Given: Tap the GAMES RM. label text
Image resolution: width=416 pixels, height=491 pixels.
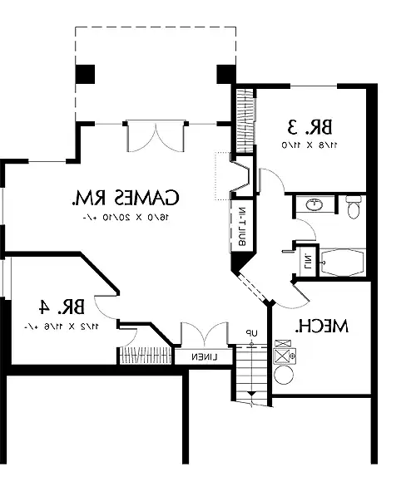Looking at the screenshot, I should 126,199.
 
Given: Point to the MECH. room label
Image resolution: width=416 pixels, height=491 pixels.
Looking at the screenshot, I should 322,326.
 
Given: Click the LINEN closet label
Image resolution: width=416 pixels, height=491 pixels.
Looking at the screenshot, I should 202,356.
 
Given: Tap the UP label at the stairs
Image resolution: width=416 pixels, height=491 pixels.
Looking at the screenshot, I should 247,334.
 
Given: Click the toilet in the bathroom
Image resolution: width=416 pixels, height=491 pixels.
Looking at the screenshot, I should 353,206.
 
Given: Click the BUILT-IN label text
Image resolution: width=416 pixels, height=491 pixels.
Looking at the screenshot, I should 235,226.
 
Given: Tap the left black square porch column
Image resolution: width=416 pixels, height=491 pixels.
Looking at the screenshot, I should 86,73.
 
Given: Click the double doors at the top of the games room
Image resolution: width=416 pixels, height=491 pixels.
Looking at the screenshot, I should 156,135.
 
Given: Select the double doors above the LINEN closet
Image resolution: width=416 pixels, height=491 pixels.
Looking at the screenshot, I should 202,336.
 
